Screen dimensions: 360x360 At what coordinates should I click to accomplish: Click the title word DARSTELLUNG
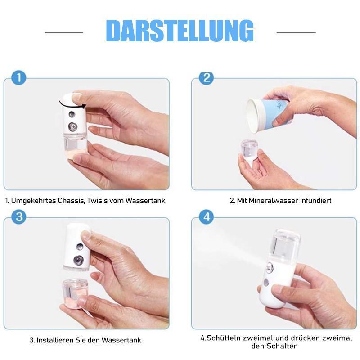180,31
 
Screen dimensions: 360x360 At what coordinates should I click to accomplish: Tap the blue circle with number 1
18,77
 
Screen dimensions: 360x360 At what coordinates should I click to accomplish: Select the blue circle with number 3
18,216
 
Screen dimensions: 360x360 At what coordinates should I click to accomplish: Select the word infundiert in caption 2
315,201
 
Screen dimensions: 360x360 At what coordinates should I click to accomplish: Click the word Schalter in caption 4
284,346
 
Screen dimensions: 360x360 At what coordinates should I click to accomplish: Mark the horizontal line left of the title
64,32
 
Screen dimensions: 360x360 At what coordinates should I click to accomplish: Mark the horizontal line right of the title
296,32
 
